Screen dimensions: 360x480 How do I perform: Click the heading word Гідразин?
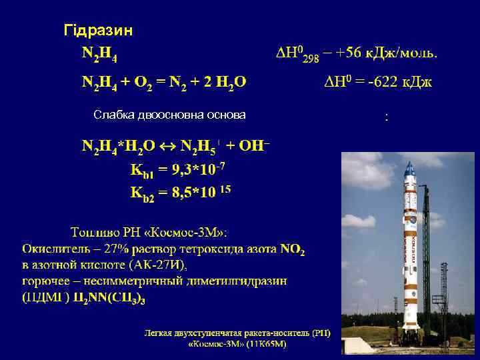tap(97, 31)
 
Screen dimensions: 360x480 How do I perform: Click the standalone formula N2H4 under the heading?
tap(101, 53)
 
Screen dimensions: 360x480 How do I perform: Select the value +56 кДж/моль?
tap(386, 53)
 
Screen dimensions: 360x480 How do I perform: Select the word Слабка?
tap(113, 115)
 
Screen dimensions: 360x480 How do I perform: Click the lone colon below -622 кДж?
tap(386, 118)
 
